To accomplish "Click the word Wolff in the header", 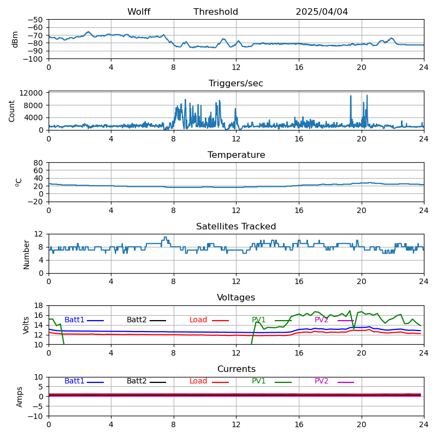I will point(139,12).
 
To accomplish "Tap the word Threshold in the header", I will point(216,12).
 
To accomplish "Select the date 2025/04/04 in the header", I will point(322,12).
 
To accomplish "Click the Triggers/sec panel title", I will point(236,84).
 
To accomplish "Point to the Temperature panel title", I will point(236,155).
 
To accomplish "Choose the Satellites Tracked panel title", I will point(236,227).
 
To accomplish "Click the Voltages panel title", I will point(236,298).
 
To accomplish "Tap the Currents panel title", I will point(236,369).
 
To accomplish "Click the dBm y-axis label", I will point(15,39).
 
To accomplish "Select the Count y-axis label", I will point(12,110).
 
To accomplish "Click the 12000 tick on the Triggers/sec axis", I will point(32,93).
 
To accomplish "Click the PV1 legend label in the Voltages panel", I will point(258,320).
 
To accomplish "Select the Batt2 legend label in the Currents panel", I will point(137,381).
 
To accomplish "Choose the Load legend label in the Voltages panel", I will point(198,320).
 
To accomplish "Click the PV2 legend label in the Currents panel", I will point(321,381).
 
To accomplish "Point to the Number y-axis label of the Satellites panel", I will point(26,254).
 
